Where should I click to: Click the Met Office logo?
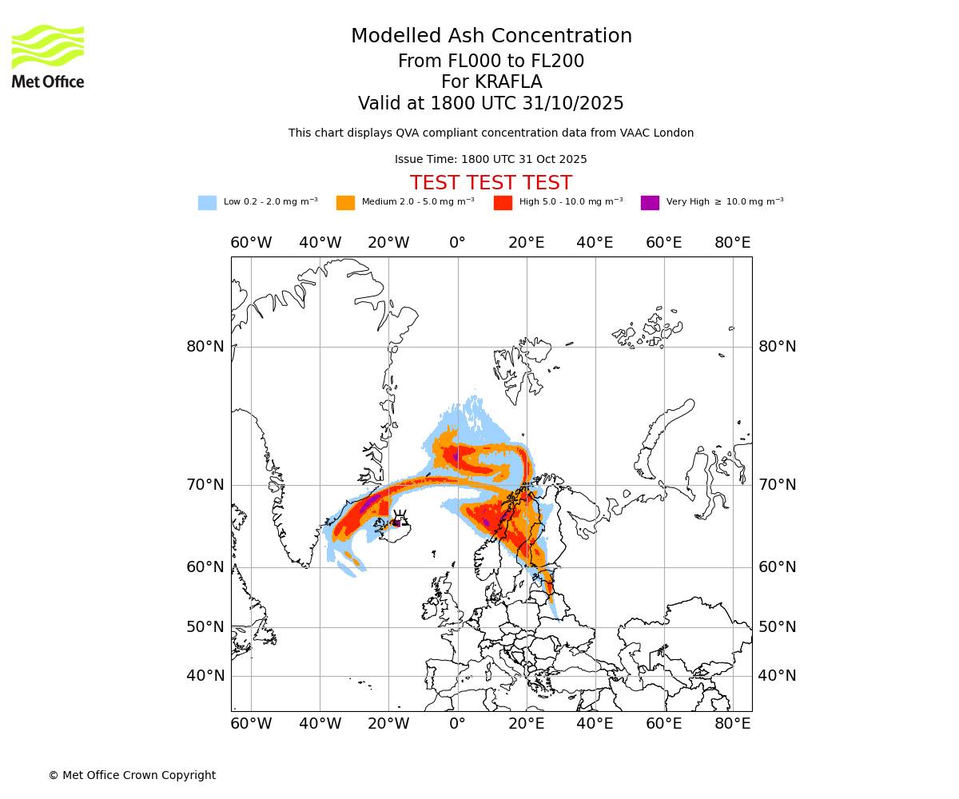tap(48, 56)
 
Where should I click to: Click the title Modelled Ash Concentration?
tap(491, 36)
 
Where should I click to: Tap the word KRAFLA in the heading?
tap(510, 82)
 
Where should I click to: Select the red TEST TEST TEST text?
tap(491, 183)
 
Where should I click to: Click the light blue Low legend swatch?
tap(207, 202)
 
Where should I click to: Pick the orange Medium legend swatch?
tap(345, 202)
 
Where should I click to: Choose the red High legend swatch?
tap(503, 202)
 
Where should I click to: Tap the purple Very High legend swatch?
tap(650, 202)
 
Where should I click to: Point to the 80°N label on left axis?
tap(205, 347)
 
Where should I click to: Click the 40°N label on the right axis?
tap(777, 676)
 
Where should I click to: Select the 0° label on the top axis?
tap(457, 243)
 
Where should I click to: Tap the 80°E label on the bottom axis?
tap(733, 724)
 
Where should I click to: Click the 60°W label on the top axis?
tap(251, 243)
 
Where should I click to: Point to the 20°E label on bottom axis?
tap(527, 724)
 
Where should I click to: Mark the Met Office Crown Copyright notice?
tap(132, 775)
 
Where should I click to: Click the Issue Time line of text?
tap(491, 159)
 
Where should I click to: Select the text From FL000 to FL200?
tap(491, 62)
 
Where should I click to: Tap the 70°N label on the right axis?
tap(777, 485)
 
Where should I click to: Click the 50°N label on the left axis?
tap(205, 626)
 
